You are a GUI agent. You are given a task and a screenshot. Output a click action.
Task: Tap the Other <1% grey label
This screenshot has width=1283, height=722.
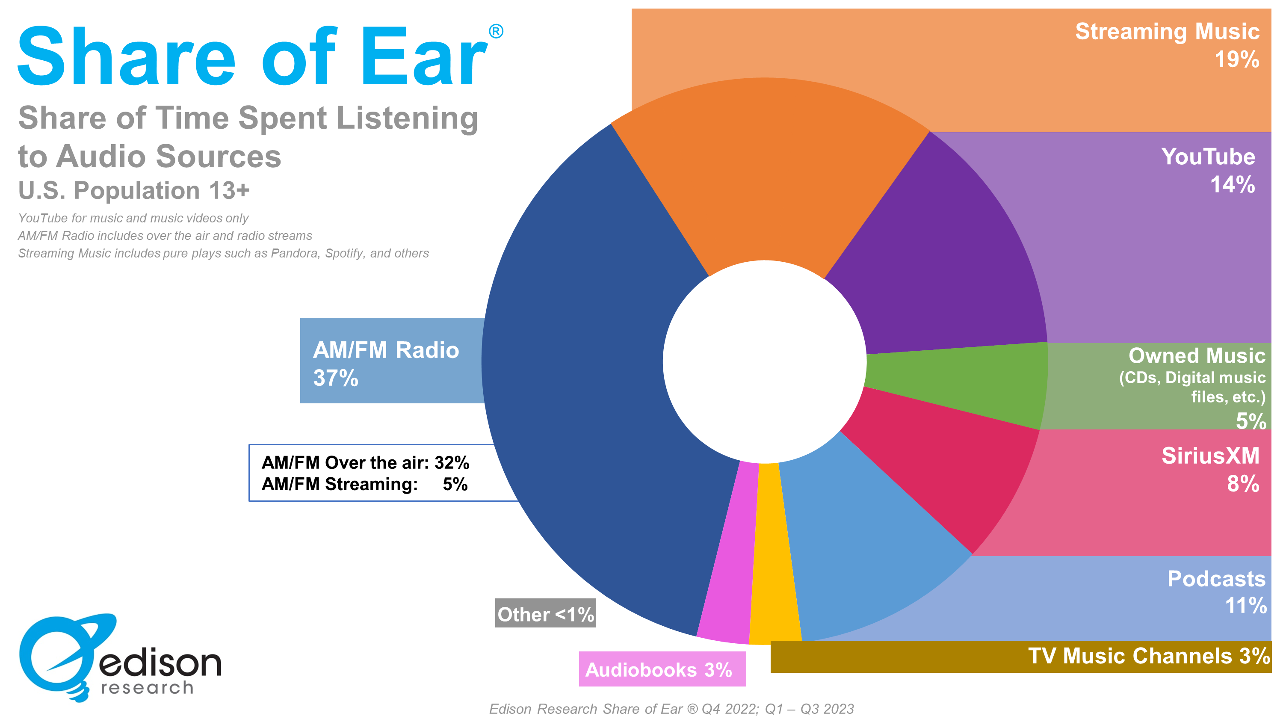pyautogui.click(x=545, y=613)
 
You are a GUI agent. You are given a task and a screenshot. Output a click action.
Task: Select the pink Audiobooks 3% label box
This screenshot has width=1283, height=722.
pyautogui.click(x=662, y=669)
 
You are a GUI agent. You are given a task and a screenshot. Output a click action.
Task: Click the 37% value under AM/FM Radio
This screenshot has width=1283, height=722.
pyautogui.click(x=336, y=378)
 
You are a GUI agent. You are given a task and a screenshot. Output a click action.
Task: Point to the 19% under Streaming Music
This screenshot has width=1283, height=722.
pyautogui.click(x=1237, y=59)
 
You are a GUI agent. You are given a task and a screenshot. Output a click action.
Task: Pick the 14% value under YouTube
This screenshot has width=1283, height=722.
pyautogui.click(x=1233, y=184)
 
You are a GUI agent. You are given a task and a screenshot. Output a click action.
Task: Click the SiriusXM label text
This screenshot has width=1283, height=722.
pyautogui.click(x=1211, y=456)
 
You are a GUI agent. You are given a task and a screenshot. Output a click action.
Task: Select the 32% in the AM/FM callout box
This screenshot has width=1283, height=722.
pyautogui.click(x=452, y=462)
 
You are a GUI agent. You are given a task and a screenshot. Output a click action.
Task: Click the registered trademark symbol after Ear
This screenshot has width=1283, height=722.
pyautogui.click(x=496, y=31)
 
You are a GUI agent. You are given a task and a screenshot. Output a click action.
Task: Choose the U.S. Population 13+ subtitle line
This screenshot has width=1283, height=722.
pyautogui.click(x=134, y=190)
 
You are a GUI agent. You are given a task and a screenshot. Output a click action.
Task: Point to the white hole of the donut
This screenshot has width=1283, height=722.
pyautogui.click(x=765, y=362)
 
